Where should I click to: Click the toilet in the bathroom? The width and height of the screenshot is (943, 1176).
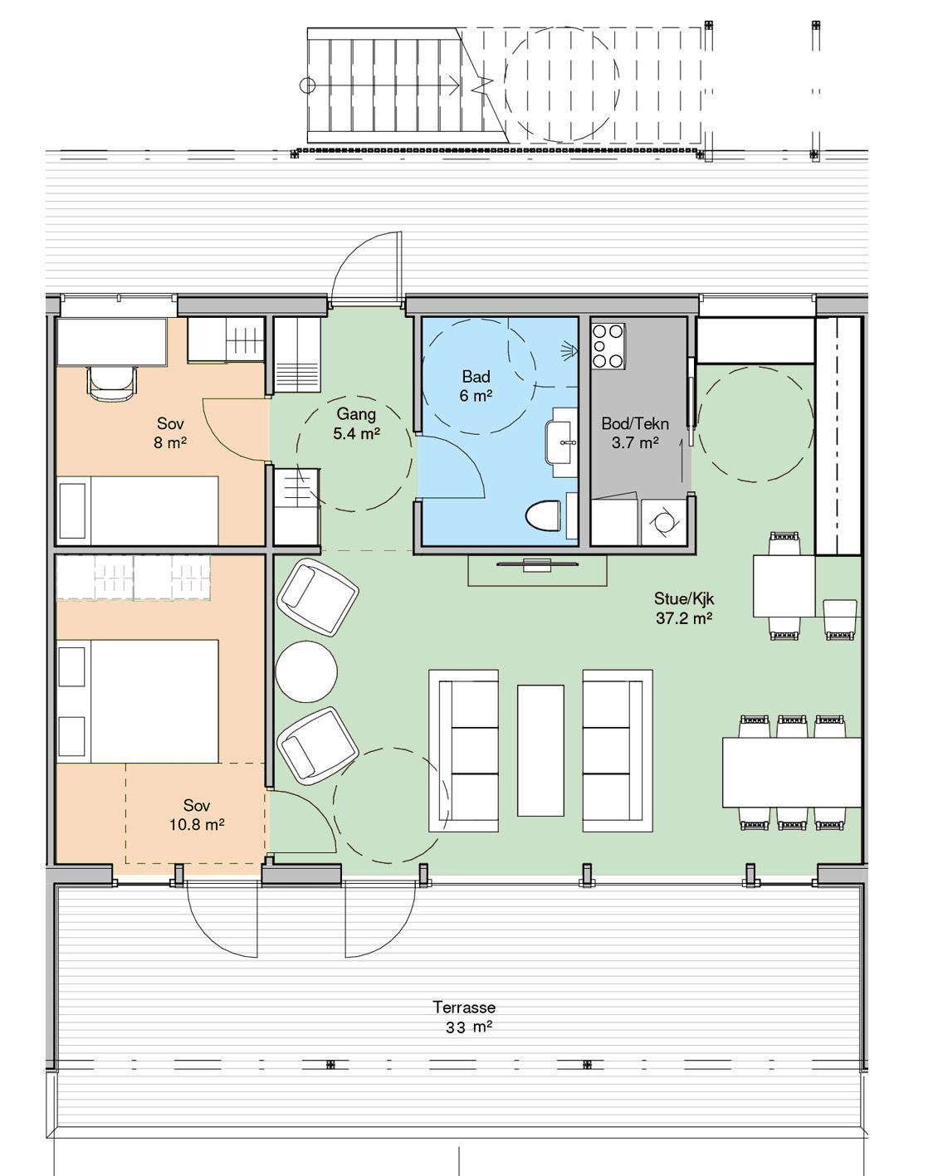(543, 515)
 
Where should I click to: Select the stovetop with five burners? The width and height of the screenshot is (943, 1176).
(608, 346)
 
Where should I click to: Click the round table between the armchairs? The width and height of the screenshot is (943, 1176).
(305, 671)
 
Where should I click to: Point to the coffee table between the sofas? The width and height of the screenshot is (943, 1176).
(540, 750)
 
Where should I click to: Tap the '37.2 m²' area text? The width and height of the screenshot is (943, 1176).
(684, 618)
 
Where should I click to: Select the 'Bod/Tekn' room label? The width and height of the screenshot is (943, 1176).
(635, 423)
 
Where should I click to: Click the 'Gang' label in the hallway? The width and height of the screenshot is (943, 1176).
(356, 414)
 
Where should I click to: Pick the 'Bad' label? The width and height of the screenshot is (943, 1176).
(476, 377)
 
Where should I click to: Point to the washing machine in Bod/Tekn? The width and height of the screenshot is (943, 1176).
(663, 522)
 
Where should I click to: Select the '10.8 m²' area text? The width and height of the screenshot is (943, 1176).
(197, 825)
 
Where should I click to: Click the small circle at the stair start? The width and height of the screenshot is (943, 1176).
(308, 85)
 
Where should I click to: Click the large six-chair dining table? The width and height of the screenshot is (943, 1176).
(792, 772)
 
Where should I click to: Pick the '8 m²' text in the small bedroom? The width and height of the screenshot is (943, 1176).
(170, 442)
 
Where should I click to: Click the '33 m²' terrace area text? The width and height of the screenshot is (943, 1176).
(468, 1028)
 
